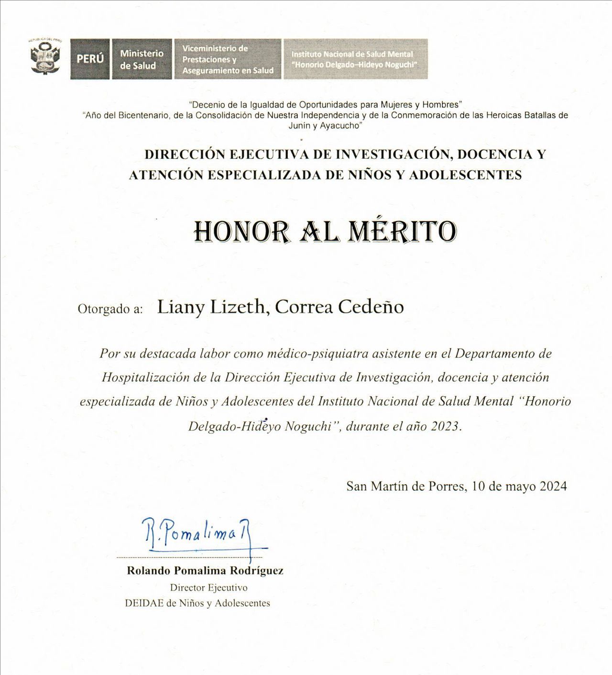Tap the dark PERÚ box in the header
click(90, 59)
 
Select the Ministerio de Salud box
click(142, 59)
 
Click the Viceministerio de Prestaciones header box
click(228, 59)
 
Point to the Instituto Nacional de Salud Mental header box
click(355, 59)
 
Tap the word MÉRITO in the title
click(403, 232)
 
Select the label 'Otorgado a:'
click(110, 309)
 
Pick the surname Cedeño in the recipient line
click(371, 307)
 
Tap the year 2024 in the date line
click(553, 487)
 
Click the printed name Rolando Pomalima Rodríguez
click(205, 571)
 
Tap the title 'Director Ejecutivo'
click(208, 587)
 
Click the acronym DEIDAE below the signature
click(144, 603)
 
